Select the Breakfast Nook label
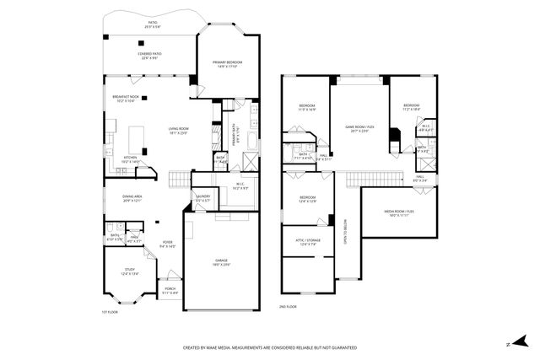[x=126, y=99]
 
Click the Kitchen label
[x=131, y=159]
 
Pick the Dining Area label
[x=132, y=196]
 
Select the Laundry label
[x=202, y=199]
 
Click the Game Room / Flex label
[x=359, y=127]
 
